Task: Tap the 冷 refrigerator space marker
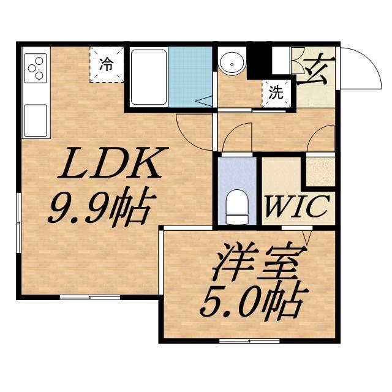coord(107,64)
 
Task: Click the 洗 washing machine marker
coord(276,93)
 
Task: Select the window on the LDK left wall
coord(20,221)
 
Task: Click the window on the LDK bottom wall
coord(89,297)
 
